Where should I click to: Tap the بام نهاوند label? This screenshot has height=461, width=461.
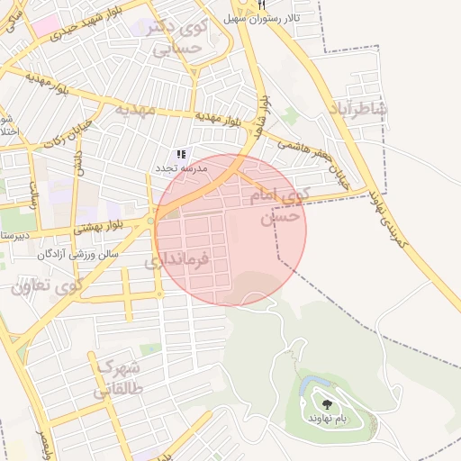coord(325,420)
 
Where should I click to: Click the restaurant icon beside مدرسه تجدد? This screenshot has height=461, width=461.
coord(181,154)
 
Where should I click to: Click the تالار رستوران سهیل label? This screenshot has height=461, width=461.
coord(262,18)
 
